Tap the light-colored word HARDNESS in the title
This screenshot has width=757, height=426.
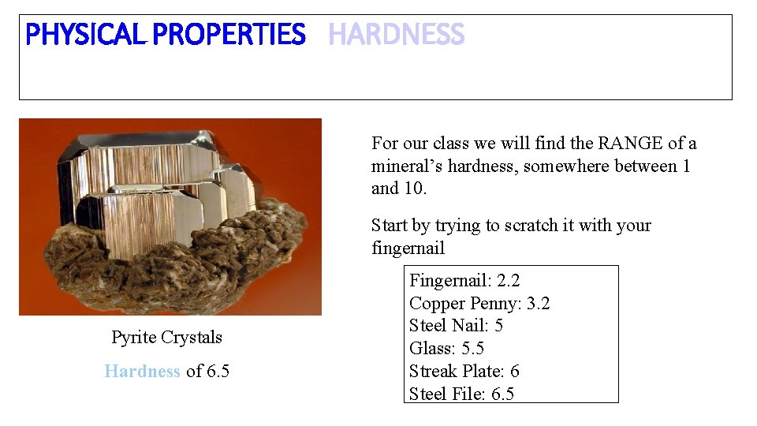pyautogui.click(x=396, y=35)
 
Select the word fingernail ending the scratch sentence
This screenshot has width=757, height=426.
pyautogui.click(x=408, y=248)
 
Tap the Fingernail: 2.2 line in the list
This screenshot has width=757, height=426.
pyautogui.click(x=464, y=280)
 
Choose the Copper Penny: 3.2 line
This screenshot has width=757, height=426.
pyautogui.click(x=479, y=303)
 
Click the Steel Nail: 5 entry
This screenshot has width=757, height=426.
pyautogui.click(x=456, y=326)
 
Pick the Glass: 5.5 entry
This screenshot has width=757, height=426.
pyautogui.click(x=446, y=349)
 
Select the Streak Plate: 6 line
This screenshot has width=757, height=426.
pyautogui.click(x=464, y=372)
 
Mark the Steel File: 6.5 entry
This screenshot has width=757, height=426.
pyautogui.click(x=461, y=394)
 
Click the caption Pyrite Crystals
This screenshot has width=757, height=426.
pyautogui.click(x=166, y=338)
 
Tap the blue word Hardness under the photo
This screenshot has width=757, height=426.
pyautogui.click(x=142, y=371)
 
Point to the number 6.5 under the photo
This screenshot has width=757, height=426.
pyautogui.click(x=218, y=371)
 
